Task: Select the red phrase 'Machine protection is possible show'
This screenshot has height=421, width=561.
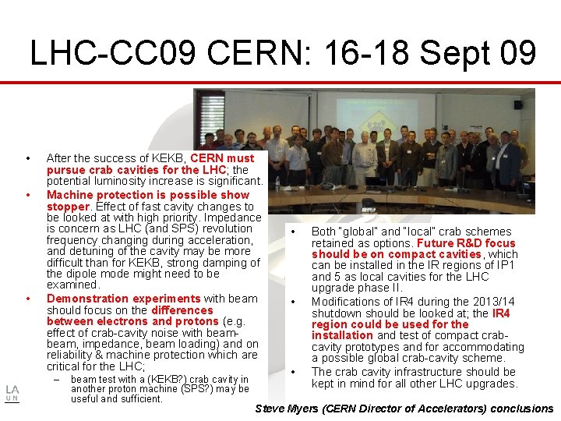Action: [x=148, y=195]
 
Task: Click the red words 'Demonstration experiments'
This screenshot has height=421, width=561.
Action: [x=124, y=299]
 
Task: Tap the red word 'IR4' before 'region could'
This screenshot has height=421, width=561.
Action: [x=501, y=313]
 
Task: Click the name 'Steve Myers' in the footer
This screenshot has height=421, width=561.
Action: [x=289, y=409]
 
